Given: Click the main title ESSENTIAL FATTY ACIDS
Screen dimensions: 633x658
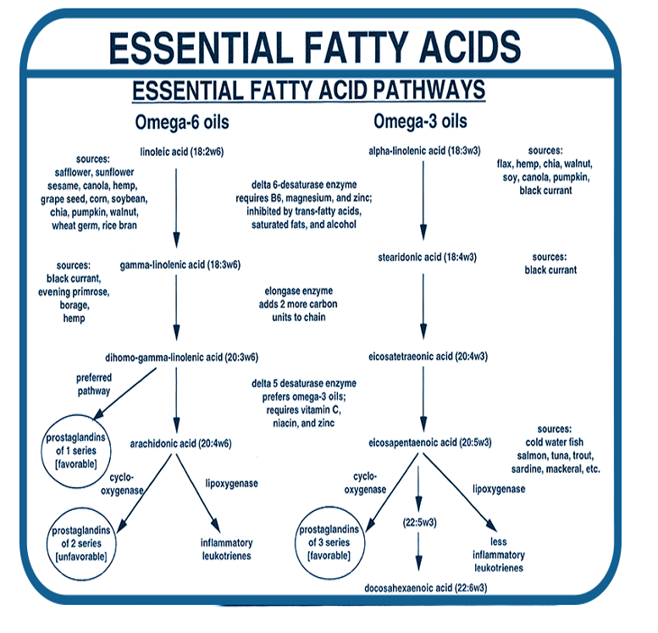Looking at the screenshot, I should pyautogui.click(x=314, y=47).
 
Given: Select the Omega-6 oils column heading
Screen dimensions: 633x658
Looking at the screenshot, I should pyautogui.click(x=181, y=122).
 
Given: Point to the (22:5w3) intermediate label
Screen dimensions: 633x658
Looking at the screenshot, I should pyautogui.click(x=418, y=524).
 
